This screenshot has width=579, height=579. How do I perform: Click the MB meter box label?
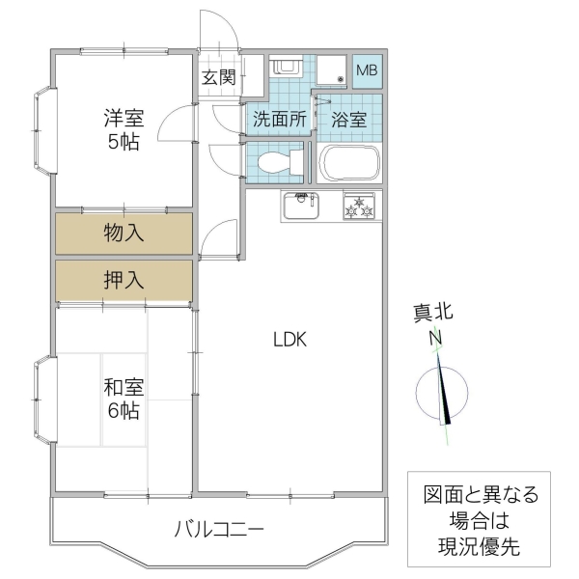[x=368, y=70]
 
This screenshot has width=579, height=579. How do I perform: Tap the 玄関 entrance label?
[x=218, y=77]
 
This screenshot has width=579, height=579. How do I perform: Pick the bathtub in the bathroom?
[x=349, y=162]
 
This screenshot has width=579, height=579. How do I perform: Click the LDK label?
[x=289, y=340]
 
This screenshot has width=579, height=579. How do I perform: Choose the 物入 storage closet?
[x=124, y=233]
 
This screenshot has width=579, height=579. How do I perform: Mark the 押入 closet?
[x=124, y=280]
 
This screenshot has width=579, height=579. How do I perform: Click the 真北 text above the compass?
[x=433, y=313]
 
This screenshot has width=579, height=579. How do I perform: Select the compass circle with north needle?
[x=442, y=392]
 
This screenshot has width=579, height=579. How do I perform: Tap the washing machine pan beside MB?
[x=329, y=69]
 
